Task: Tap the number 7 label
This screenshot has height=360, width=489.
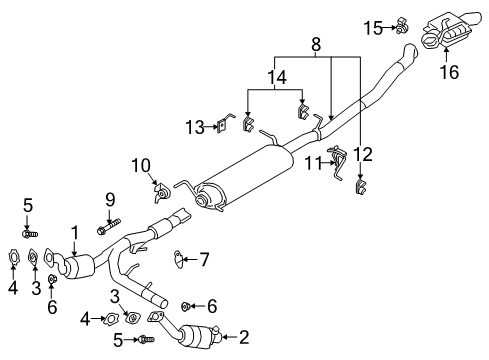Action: (204, 260)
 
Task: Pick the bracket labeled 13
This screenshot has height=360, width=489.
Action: (224, 125)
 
